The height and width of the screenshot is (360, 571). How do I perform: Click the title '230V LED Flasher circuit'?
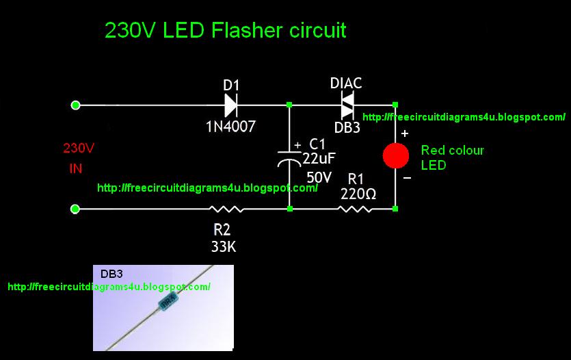tap(225, 31)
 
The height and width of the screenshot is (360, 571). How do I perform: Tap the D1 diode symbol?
tap(230, 105)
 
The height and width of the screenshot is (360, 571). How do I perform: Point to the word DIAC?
tap(346, 83)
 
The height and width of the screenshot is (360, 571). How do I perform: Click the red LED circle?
tap(395, 155)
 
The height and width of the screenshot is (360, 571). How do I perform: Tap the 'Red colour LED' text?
tap(452, 157)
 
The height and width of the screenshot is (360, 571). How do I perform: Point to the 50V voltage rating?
tap(319, 177)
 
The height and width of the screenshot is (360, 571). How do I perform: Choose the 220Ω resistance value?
tap(358, 194)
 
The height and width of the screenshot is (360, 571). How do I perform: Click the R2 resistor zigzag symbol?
tap(226, 209)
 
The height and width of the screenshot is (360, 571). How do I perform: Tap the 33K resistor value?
tap(223, 247)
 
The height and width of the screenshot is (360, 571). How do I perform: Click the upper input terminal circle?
tap(76, 105)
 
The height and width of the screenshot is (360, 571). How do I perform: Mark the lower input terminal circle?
tap(76, 209)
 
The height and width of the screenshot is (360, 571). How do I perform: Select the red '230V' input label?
tap(79, 148)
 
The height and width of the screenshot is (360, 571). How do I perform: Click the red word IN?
tap(75, 169)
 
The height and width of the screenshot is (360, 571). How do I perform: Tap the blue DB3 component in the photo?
tap(168, 300)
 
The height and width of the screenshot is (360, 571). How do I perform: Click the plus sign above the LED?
tap(405, 133)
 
